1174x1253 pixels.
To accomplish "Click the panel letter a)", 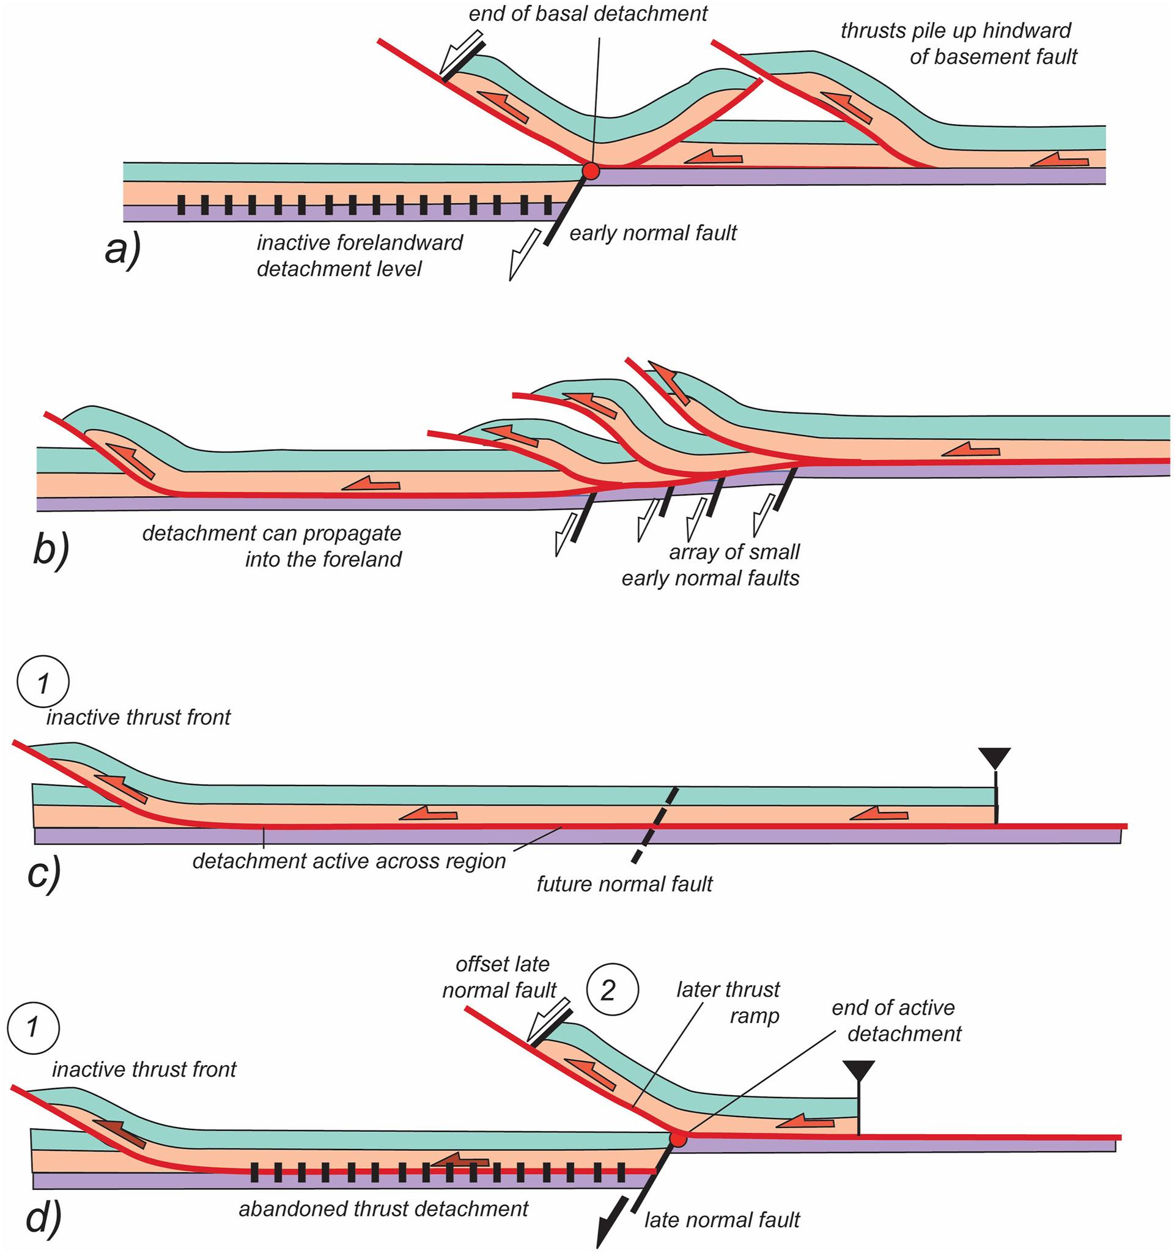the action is click(124, 251).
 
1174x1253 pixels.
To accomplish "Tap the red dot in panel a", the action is click(590, 170).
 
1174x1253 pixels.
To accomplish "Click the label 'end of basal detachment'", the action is click(588, 13).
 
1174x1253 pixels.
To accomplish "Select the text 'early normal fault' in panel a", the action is click(653, 233).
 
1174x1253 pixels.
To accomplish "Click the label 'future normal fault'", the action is click(624, 883).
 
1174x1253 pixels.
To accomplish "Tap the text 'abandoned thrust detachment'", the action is click(383, 1208).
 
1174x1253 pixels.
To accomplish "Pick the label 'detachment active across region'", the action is click(349, 861).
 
